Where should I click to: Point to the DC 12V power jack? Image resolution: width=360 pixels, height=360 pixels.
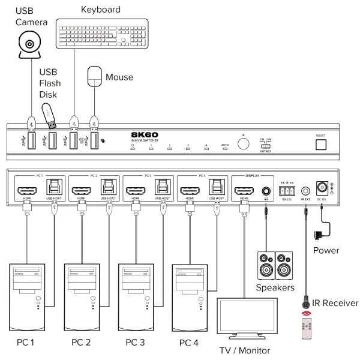pos(328,187)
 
